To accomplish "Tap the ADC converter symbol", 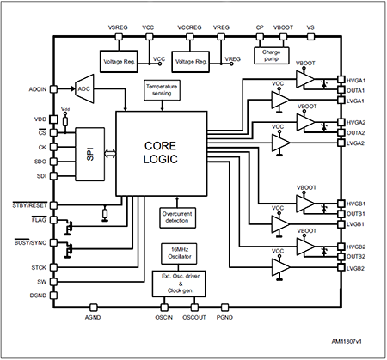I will click(84, 88).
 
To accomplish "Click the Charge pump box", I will click(271, 53).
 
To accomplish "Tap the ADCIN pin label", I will click(37, 88).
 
